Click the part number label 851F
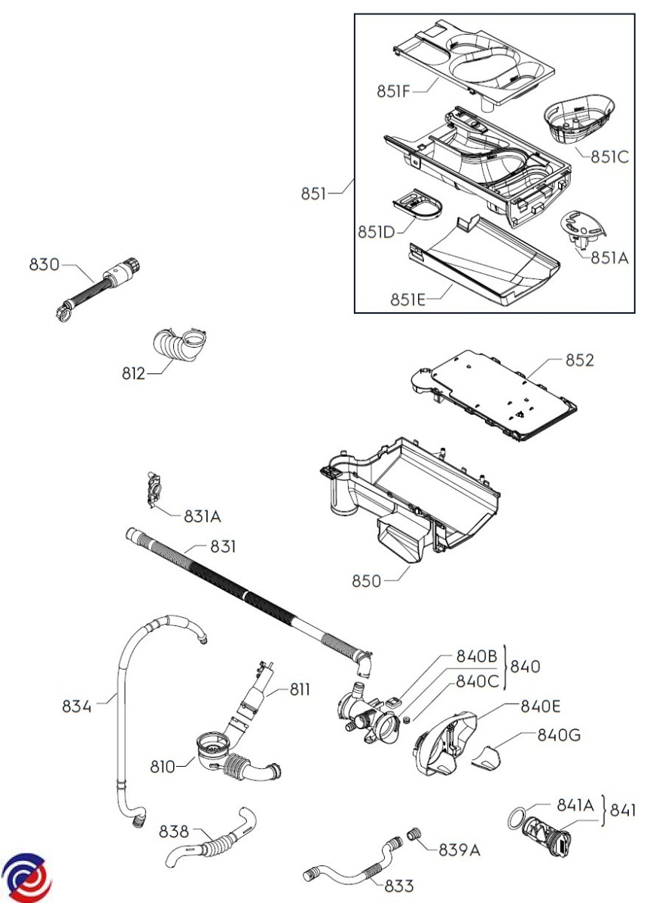click(393, 92)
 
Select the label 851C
click(609, 157)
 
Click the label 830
click(44, 265)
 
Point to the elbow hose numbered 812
click(179, 345)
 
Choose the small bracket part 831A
click(154, 489)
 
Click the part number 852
click(580, 360)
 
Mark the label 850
click(366, 581)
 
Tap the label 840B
click(477, 657)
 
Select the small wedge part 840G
click(487, 759)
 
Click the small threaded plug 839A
click(413, 833)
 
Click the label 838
click(173, 832)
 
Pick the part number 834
click(77, 707)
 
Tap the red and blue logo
click(26, 877)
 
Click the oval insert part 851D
click(417, 205)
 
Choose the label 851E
click(408, 299)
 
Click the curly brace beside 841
click(603, 810)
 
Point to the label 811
click(300, 690)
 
